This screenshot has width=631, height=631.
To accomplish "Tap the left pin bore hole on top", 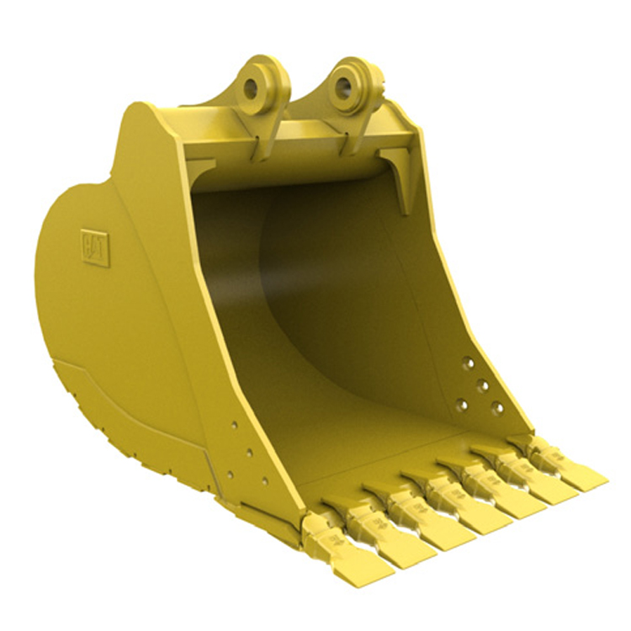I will [251, 87].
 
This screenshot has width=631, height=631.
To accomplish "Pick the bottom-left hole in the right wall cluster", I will [462, 405].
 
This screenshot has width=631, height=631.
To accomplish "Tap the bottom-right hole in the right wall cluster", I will [497, 409].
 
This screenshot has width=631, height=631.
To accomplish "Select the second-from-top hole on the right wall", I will [484, 385].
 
